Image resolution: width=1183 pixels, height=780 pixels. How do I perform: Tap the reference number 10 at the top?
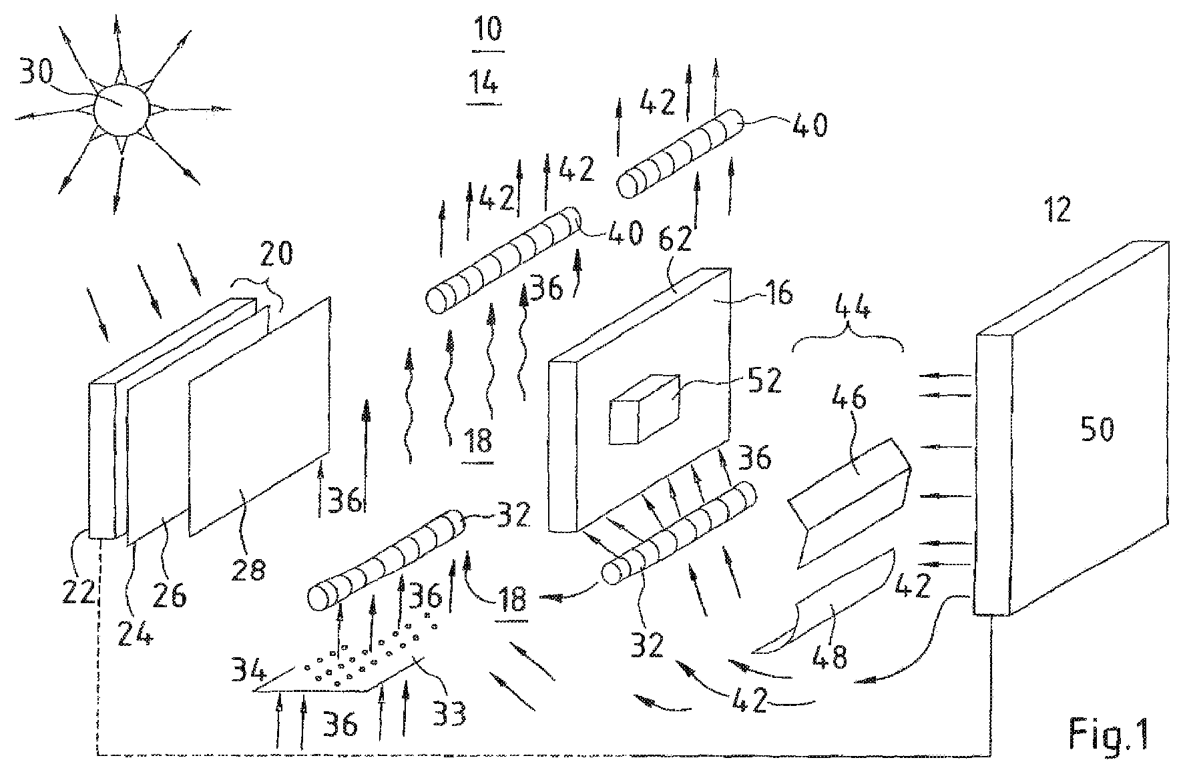coord(487,30)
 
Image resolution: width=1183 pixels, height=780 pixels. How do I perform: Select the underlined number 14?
coord(484,85)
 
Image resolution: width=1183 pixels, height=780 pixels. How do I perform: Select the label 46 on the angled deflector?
coord(849,399)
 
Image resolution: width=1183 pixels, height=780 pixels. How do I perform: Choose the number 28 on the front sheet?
coord(248,569)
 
